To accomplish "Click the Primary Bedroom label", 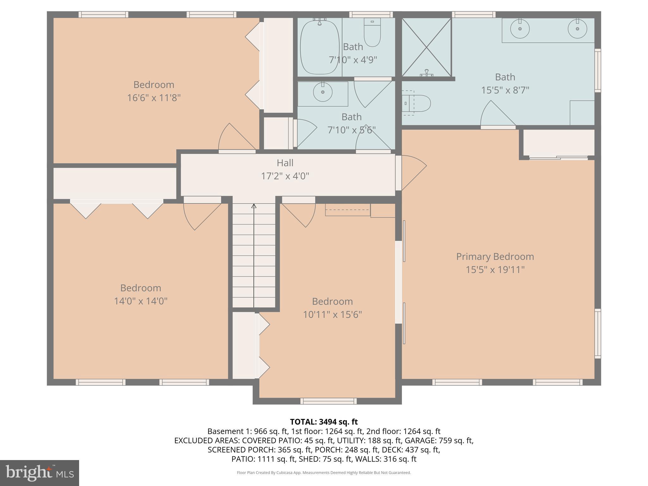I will pyautogui.click(x=495, y=256).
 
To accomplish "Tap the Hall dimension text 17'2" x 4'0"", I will pyautogui.click(x=285, y=176).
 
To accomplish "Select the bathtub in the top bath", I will pyautogui.click(x=320, y=47).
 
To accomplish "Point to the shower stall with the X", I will pyautogui.click(x=427, y=47).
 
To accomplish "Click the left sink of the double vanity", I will pyautogui.click(x=520, y=29).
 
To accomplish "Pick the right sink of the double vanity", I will pyautogui.click(x=577, y=29).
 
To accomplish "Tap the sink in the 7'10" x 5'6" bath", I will pyautogui.click(x=323, y=92).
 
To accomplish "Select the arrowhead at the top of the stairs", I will pyautogui.click(x=254, y=206).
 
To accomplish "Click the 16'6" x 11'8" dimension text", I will pyautogui.click(x=154, y=98).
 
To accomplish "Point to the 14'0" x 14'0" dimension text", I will pyautogui.click(x=140, y=301).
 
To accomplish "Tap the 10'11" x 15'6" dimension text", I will pyautogui.click(x=332, y=315).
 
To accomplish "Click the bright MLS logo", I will pyautogui.click(x=40, y=473).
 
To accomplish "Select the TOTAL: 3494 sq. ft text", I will pyautogui.click(x=324, y=422).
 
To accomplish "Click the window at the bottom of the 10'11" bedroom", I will pyautogui.click(x=328, y=401).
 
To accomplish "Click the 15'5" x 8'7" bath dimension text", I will pyautogui.click(x=505, y=90).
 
